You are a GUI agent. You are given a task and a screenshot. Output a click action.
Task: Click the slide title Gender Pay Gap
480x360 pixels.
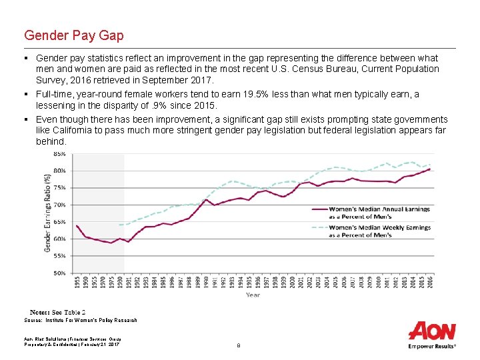tap(73, 35)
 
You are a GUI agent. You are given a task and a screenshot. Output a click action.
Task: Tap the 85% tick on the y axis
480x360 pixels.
tap(59, 153)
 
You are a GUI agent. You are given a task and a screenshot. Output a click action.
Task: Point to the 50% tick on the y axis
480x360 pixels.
tap(59, 273)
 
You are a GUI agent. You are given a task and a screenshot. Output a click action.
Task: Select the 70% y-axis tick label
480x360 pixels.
tap(59, 205)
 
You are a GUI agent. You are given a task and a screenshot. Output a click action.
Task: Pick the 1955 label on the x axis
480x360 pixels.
tap(77, 282)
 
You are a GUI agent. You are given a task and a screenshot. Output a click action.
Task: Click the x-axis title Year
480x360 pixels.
tap(253, 294)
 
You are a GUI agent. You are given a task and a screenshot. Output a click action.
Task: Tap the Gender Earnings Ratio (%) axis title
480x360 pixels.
tap(47, 213)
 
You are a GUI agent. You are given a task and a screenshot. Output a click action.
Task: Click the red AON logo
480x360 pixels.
tap(432, 331)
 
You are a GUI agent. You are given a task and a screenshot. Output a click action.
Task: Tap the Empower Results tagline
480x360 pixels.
tap(432, 346)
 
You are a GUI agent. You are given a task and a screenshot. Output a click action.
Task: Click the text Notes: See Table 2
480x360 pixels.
tap(57, 312)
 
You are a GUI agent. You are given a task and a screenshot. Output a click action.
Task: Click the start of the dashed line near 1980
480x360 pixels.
tap(120, 225)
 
